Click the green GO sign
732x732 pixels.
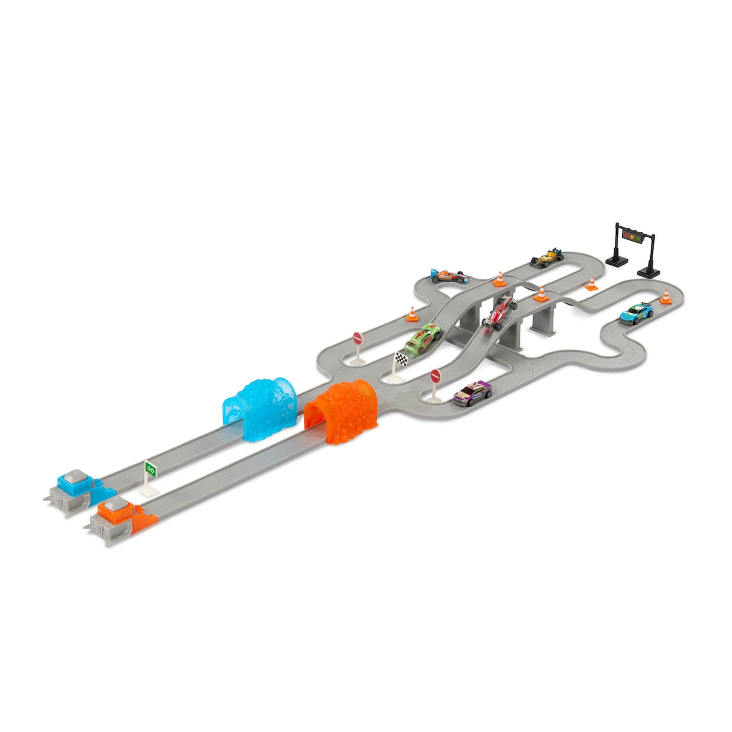coord(151,470)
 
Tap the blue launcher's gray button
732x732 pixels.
coord(74,475)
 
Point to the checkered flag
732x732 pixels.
coord(401,358)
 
